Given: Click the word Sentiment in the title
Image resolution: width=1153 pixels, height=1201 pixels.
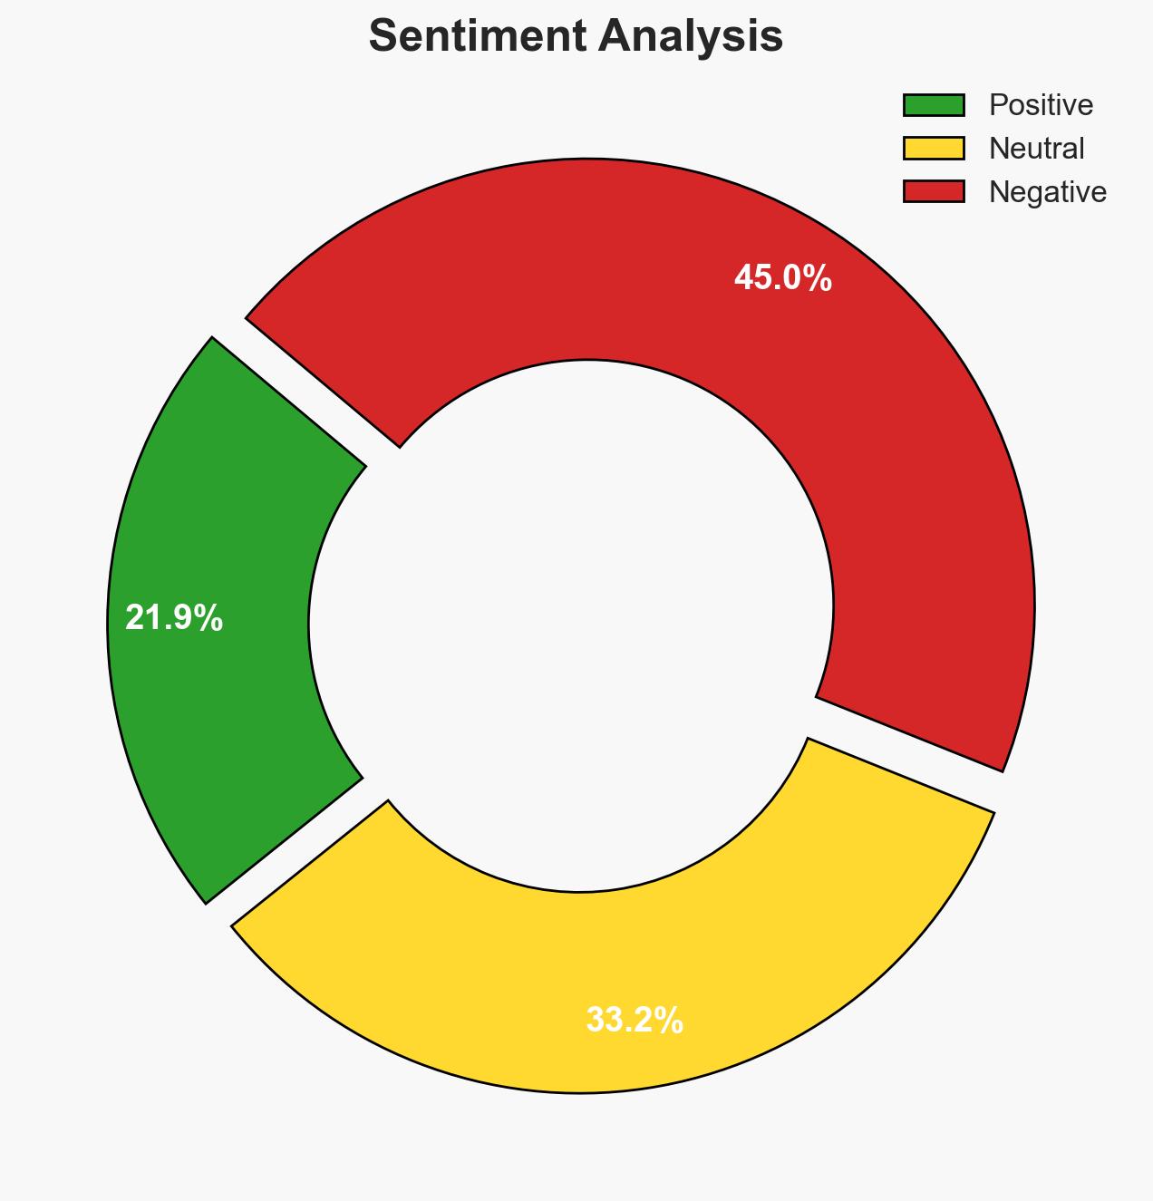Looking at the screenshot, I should click(470, 37).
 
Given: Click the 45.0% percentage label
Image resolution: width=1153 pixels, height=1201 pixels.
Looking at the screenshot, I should click(782, 278).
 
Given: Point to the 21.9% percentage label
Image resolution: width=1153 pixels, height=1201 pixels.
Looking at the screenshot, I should click(173, 618).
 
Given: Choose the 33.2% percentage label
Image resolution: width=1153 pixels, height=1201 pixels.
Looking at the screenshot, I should click(635, 1021).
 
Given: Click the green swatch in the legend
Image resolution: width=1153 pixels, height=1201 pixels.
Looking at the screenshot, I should click(934, 105).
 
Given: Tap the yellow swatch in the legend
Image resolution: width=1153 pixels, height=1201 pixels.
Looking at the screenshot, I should click(934, 148).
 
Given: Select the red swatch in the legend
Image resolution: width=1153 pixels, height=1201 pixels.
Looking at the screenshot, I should click(934, 191).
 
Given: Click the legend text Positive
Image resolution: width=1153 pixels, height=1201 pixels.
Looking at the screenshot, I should click(1041, 105).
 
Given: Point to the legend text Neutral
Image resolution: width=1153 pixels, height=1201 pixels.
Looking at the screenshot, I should click(1036, 148).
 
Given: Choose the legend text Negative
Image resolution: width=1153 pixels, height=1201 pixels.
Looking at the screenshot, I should click(1047, 191).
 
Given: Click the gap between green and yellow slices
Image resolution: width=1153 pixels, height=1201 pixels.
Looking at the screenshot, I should click(299, 852).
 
